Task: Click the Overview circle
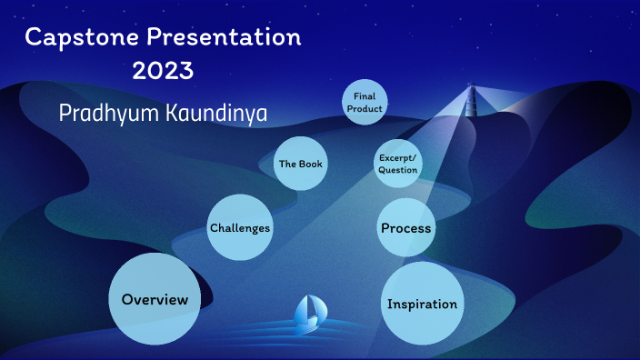pos(155,300)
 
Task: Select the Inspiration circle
pos(422,304)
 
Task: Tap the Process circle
pos(405,227)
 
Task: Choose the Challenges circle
pos(240,227)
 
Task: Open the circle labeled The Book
pos(300,164)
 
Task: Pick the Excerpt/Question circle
pos(397,164)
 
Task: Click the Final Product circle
pos(365,102)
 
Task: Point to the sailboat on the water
pos(307,314)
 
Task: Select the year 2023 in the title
pos(164,71)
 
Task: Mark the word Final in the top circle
pos(365,96)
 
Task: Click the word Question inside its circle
pos(397,170)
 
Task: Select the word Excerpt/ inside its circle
pos(397,157)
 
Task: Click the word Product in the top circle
pos(365,108)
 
